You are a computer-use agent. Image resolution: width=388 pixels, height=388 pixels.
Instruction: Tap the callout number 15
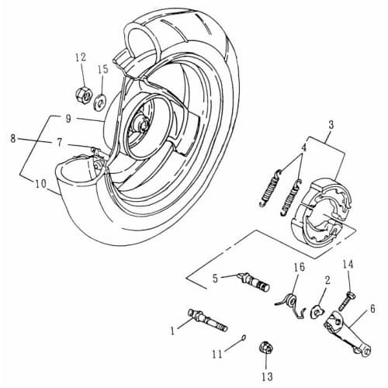coord(102,69)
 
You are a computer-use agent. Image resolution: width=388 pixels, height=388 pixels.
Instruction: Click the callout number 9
coord(69,118)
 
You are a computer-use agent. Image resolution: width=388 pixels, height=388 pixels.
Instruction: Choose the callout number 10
coord(41,184)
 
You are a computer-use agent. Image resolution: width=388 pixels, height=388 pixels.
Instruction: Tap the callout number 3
coord(331,124)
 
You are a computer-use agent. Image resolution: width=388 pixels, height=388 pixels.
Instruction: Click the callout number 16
coord(299,268)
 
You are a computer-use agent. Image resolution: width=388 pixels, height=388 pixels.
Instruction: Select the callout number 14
coord(348,265)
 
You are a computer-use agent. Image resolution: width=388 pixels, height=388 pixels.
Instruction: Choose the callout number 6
coord(372,307)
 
